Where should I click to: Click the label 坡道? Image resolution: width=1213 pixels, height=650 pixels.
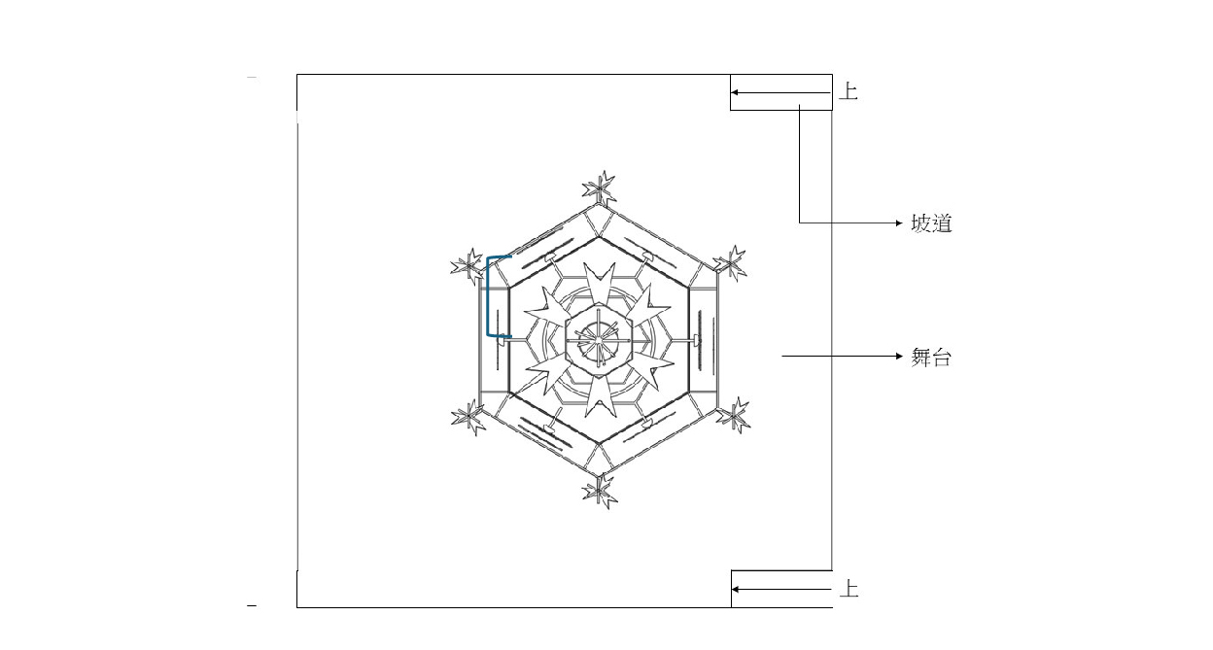[931, 222]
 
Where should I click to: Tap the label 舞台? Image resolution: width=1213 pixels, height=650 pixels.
[931, 358]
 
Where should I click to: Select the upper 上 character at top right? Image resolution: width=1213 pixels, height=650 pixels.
[848, 91]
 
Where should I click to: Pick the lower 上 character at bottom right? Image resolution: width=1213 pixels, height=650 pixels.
[849, 589]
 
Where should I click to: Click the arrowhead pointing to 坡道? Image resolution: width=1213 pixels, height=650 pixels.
[899, 222]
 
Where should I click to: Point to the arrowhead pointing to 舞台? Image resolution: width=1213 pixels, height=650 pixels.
[899, 357]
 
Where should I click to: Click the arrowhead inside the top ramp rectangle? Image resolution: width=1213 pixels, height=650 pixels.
[735, 92]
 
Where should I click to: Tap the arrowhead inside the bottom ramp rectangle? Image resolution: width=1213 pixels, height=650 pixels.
[736, 590]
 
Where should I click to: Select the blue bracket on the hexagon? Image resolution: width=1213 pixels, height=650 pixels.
[488, 296]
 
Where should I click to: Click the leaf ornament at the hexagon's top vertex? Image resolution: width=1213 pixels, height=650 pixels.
[600, 188]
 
